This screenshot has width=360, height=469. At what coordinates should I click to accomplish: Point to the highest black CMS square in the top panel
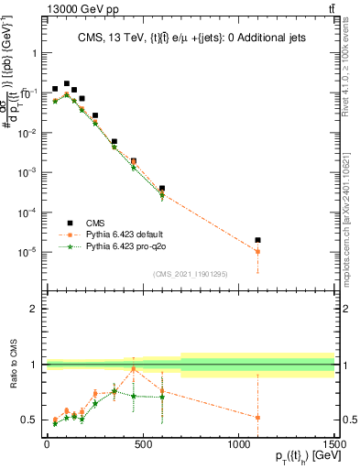point(66,83)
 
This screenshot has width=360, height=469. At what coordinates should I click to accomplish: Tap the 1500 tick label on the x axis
point(335,446)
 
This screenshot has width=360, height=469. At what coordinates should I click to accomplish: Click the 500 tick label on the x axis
point(143,446)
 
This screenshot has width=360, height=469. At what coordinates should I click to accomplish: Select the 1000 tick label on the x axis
point(239,446)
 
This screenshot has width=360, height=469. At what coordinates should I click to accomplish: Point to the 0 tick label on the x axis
point(47,446)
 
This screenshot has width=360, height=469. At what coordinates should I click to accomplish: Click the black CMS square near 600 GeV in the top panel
point(162,188)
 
